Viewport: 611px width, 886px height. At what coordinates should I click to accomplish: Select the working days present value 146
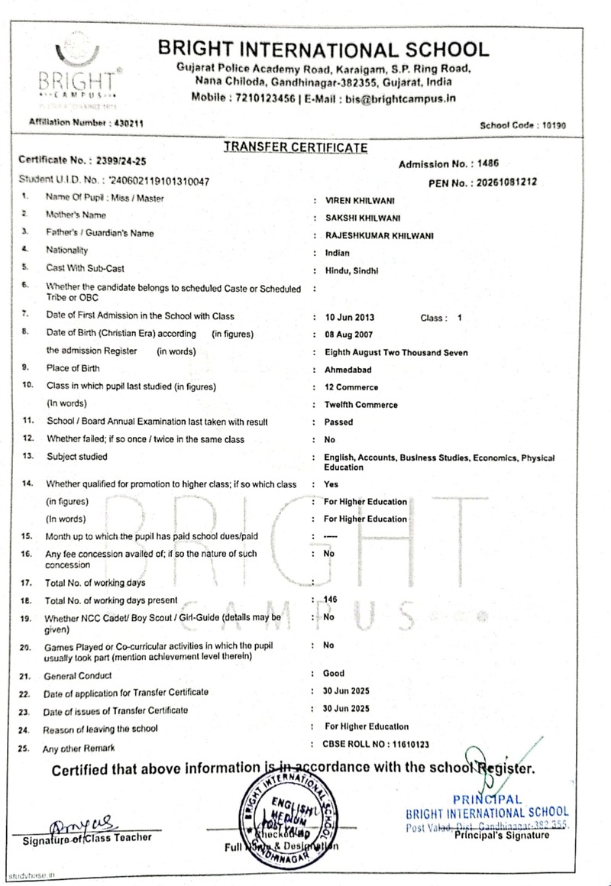pyautogui.click(x=330, y=600)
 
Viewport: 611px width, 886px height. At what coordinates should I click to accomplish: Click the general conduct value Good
pyautogui.click(x=334, y=674)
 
